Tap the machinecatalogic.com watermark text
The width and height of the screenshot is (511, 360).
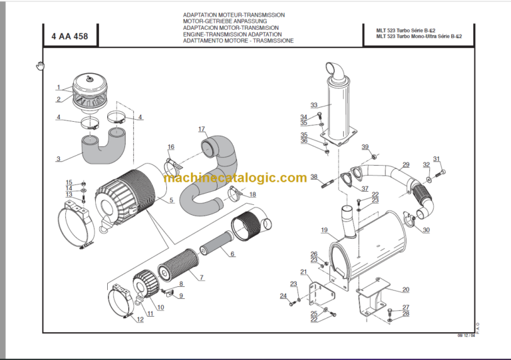235,178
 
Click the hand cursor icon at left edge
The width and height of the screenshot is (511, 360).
40,65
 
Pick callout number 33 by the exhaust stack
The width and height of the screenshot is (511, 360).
314,105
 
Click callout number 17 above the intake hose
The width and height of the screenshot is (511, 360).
202,128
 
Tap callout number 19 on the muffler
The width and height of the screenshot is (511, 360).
324,230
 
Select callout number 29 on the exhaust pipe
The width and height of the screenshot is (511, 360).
406,165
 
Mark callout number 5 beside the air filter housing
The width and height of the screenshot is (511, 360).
171,200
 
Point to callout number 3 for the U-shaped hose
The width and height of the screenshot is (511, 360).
59,158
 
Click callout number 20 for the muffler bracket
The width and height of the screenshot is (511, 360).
405,289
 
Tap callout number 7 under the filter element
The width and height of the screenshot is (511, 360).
201,277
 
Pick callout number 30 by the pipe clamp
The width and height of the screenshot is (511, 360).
426,230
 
